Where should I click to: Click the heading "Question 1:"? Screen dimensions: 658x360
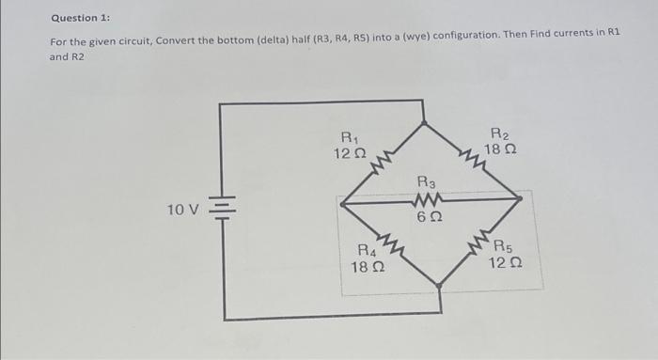click(82, 17)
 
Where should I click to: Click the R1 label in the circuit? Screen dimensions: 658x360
click(350, 135)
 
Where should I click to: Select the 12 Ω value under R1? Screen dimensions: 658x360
click(350, 152)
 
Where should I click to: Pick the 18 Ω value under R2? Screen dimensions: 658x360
click(500, 149)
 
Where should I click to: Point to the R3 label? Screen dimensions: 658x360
click(424, 181)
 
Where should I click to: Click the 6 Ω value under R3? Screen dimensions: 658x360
click(426, 217)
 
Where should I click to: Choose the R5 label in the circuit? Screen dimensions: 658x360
click(503, 246)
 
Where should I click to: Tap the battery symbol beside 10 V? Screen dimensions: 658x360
click(221, 210)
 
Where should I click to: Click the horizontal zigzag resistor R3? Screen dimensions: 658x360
click(426, 199)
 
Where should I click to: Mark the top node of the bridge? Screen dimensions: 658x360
click(425, 121)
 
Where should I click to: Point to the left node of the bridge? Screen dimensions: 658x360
click(340, 200)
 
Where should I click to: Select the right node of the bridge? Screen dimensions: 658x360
click(520, 198)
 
